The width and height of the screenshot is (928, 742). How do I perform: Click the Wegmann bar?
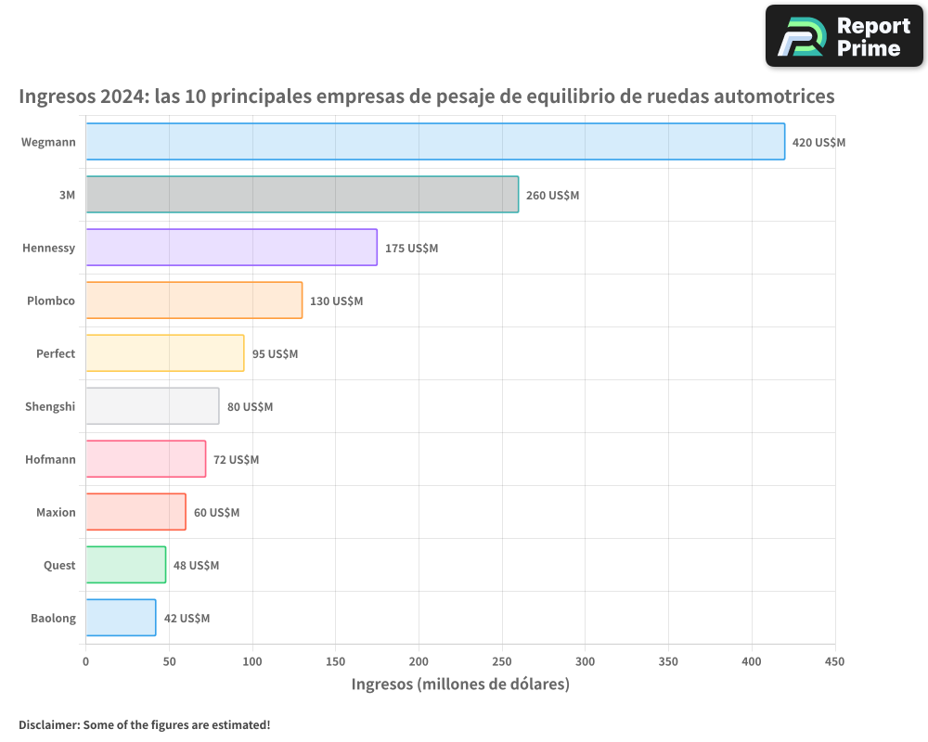click(x=435, y=142)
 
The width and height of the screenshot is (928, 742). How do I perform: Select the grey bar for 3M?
click(x=302, y=195)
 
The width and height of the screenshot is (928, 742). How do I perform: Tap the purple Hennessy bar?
click(x=231, y=248)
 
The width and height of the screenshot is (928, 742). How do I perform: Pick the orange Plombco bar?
click(x=194, y=301)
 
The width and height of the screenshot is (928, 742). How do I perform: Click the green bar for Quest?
click(x=125, y=565)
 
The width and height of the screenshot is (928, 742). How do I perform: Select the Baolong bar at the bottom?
click(x=121, y=618)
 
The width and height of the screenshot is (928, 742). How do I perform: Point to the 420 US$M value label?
click(x=818, y=143)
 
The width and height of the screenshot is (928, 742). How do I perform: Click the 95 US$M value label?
click(x=275, y=354)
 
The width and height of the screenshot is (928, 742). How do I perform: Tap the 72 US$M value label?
click(x=236, y=460)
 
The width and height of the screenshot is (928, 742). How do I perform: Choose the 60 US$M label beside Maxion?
click(x=216, y=513)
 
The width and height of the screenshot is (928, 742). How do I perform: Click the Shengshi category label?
click(x=50, y=406)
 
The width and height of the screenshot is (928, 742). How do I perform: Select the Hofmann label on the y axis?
click(x=50, y=459)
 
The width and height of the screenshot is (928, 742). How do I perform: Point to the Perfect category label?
click(x=56, y=353)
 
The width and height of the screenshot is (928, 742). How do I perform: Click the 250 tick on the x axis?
click(x=502, y=661)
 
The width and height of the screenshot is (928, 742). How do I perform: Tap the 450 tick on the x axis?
click(x=835, y=661)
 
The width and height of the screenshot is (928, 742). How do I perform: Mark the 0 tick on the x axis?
click(x=85, y=661)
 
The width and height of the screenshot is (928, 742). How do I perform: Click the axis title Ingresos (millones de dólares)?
click(x=460, y=684)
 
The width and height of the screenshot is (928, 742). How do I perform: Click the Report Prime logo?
click(x=844, y=36)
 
